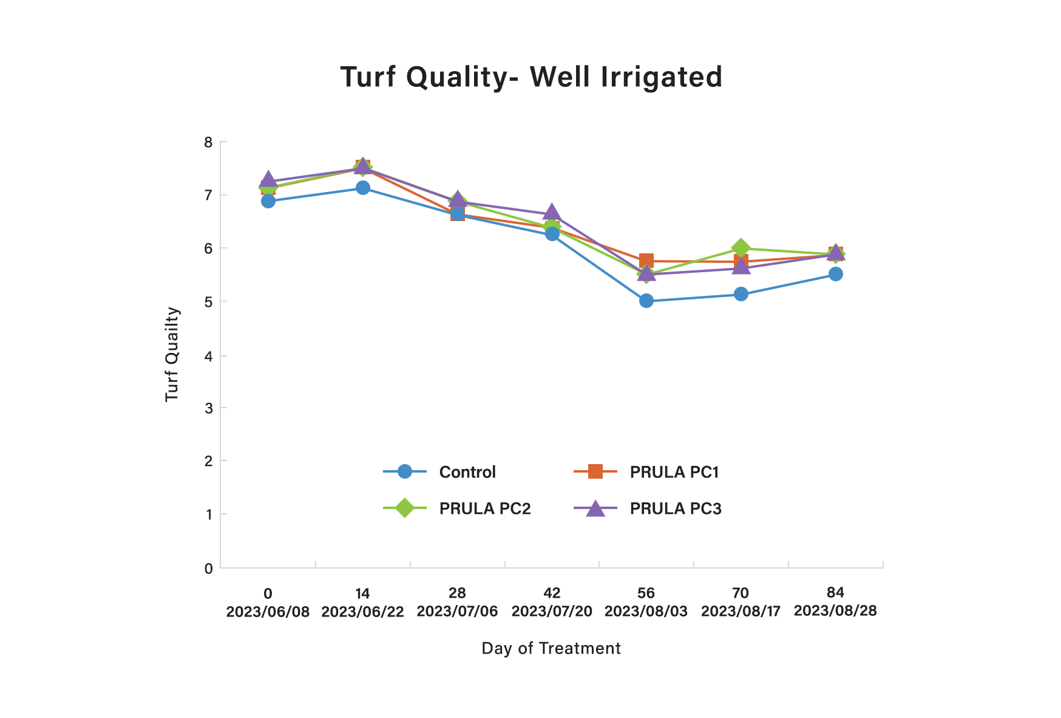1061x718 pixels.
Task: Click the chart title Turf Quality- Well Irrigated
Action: pyautogui.click(x=531, y=77)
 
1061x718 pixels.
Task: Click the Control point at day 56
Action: pyautogui.click(x=646, y=301)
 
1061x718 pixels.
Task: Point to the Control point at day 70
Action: pyautogui.click(x=741, y=294)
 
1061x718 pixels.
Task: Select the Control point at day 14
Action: pyautogui.click(x=363, y=188)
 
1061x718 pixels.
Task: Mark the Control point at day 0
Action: pyautogui.click(x=268, y=201)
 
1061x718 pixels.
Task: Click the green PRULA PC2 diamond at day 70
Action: pyautogui.click(x=741, y=248)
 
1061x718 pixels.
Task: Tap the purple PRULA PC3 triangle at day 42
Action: pyautogui.click(x=551, y=212)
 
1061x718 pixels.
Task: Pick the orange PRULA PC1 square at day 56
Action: pyautogui.click(x=646, y=261)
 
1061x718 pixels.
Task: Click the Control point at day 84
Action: pyautogui.click(x=836, y=274)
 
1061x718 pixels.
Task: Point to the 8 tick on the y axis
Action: pyautogui.click(x=208, y=142)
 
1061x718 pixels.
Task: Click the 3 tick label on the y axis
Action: pyautogui.click(x=208, y=408)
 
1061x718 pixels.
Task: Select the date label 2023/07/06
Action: pyautogui.click(x=457, y=611)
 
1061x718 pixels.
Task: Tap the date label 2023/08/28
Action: pyautogui.click(x=835, y=610)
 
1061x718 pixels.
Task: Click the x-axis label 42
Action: pyautogui.click(x=552, y=593)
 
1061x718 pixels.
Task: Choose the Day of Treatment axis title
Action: pyautogui.click(x=551, y=649)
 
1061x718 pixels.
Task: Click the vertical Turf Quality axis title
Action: pyautogui.click(x=172, y=354)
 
